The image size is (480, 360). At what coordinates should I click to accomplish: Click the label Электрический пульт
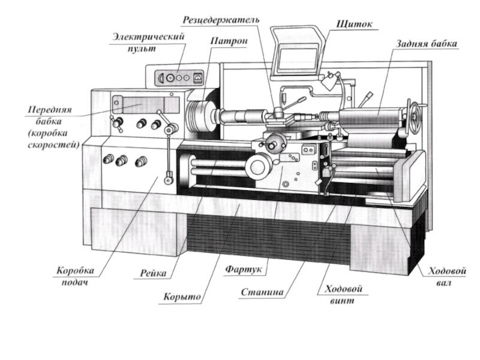pyautogui.click(x=147, y=42)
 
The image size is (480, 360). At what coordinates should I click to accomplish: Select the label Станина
pyautogui.click(x=262, y=293)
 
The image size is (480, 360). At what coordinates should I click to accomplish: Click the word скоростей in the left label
pyautogui.click(x=52, y=145)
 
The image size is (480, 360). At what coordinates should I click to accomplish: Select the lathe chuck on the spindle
pyautogui.click(x=198, y=115)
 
